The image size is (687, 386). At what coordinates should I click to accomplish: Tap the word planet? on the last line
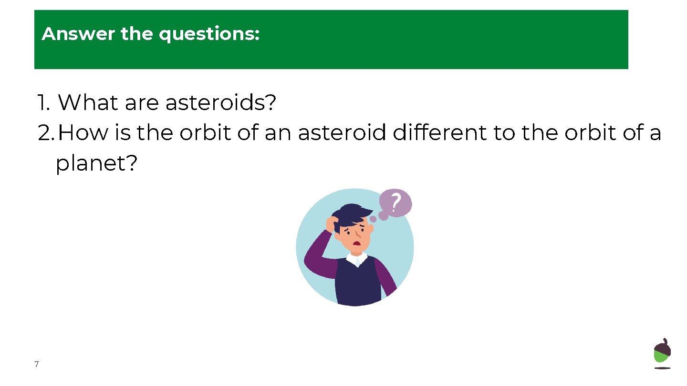[x=97, y=164]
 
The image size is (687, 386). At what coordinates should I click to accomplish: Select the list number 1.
[x=43, y=102]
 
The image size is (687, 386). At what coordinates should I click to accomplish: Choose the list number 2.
[x=46, y=133]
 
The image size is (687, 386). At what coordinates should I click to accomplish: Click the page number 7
[x=37, y=365]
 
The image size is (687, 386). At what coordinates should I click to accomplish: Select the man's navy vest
[x=358, y=284]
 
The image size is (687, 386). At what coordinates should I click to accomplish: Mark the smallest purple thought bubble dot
[x=373, y=220]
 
